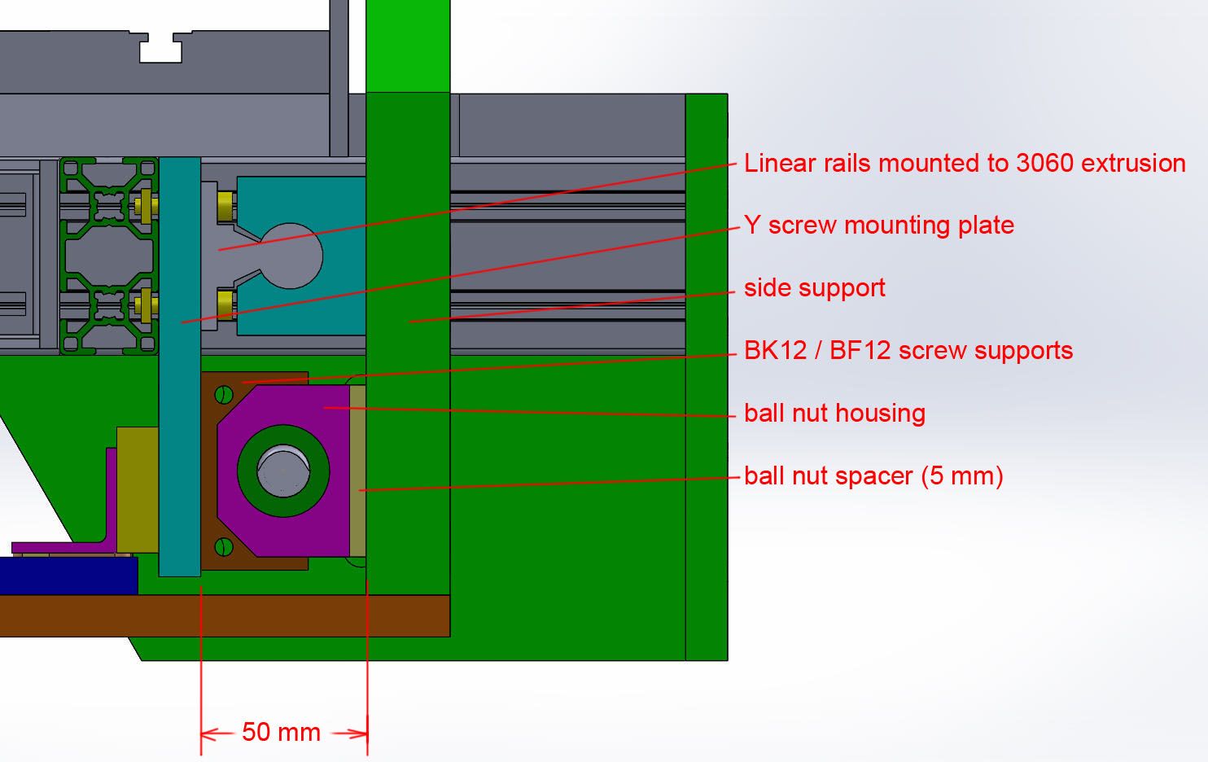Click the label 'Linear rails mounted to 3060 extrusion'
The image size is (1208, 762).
pos(964,164)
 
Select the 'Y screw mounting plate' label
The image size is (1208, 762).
pos(878,226)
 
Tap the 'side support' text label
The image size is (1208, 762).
pos(814,288)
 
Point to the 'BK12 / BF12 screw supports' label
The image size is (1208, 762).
pos(908,351)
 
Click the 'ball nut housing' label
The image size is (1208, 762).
pos(834,414)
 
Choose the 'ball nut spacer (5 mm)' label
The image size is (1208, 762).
pos(873,475)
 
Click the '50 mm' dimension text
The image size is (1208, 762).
pos(281,733)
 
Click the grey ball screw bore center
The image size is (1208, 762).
pos(283,471)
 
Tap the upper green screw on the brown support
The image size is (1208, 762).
pos(224,396)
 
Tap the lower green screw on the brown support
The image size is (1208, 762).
pos(224,546)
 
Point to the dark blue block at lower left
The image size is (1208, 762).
pos(65,576)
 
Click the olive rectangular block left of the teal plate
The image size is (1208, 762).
pos(138,488)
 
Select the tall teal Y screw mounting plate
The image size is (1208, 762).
pos(180,366)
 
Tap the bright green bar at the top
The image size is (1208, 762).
pos(408,45)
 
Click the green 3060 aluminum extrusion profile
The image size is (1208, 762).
pos(108,256)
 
